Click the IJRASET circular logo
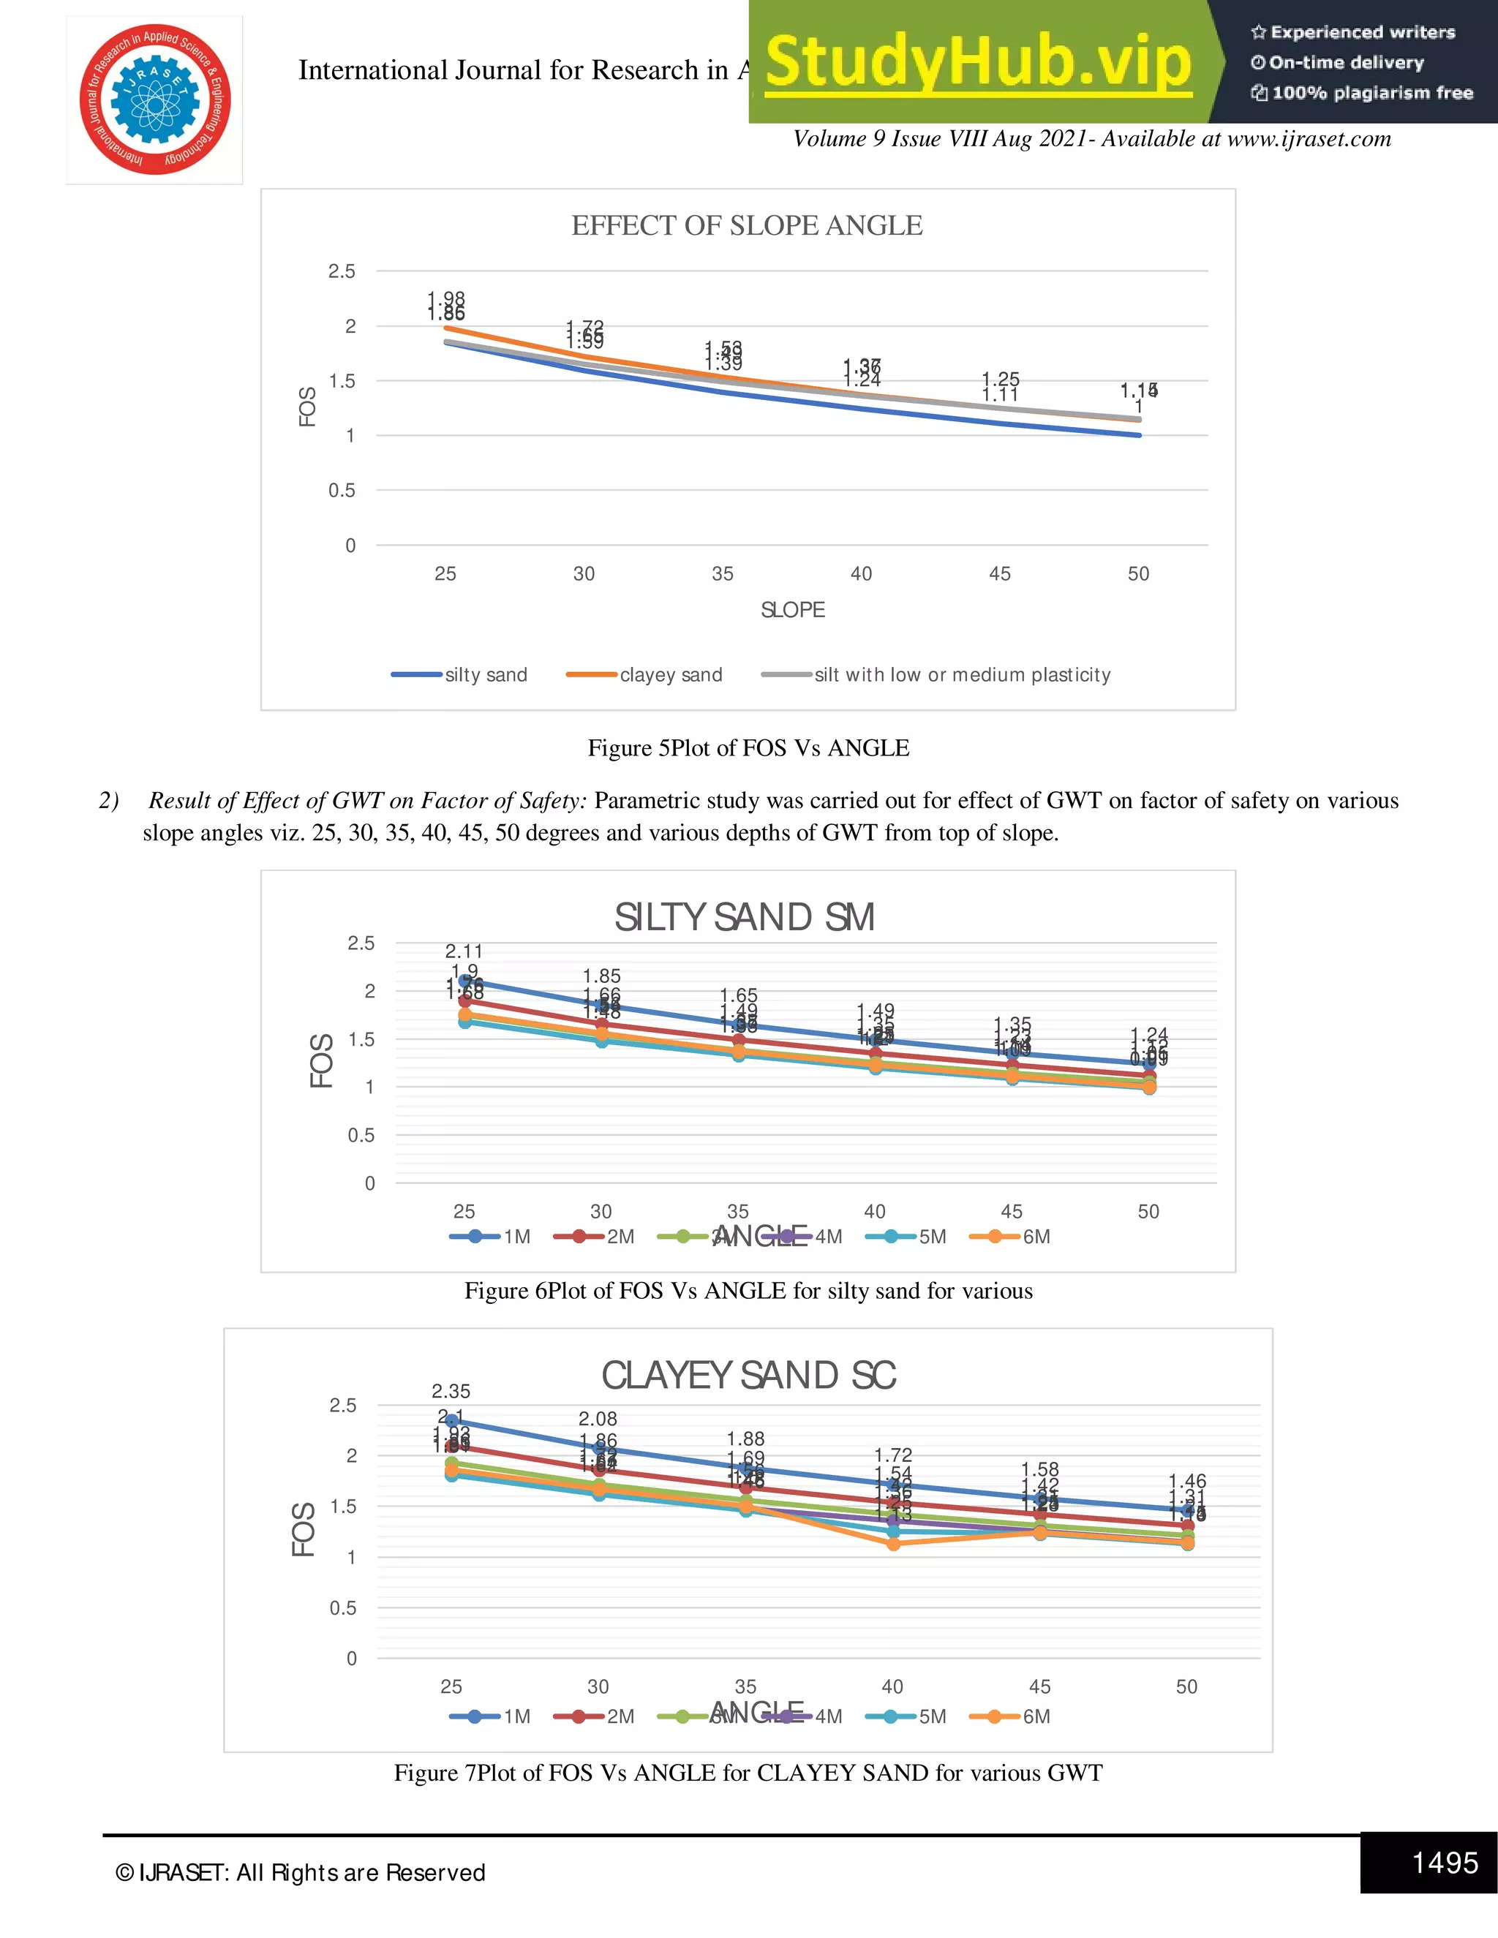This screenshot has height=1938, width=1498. tap(154, 99)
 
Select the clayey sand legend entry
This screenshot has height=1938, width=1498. tap(645, 674)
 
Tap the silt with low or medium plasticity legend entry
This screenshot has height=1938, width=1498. tap(936, 674)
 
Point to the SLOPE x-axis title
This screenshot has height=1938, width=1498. tap(792, 610)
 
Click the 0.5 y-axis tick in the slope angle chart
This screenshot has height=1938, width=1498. tap(342, 491)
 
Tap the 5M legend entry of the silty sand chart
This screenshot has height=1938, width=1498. tap(907, 1236)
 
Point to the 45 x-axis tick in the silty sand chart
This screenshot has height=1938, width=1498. tap(1011, 1211)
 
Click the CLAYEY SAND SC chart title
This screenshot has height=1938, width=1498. tap(748, 1376)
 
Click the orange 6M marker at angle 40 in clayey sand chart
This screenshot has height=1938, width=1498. tap(893, 1544)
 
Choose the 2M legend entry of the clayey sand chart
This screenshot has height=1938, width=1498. tap(595, 1716)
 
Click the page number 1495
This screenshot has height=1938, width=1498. tap(1445, 1863)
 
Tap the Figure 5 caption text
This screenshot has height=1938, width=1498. tap(748, 748)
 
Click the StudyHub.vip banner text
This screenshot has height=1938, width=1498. tap(977, 62)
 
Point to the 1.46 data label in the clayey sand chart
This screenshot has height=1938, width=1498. tap(1186, 1481)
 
